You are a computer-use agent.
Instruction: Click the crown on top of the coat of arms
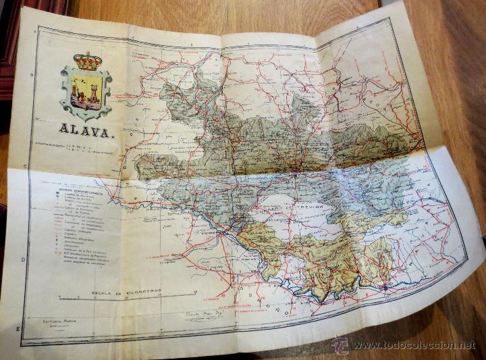click(x=86, y=61)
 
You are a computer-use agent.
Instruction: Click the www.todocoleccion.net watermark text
click(x=413, y=345)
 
